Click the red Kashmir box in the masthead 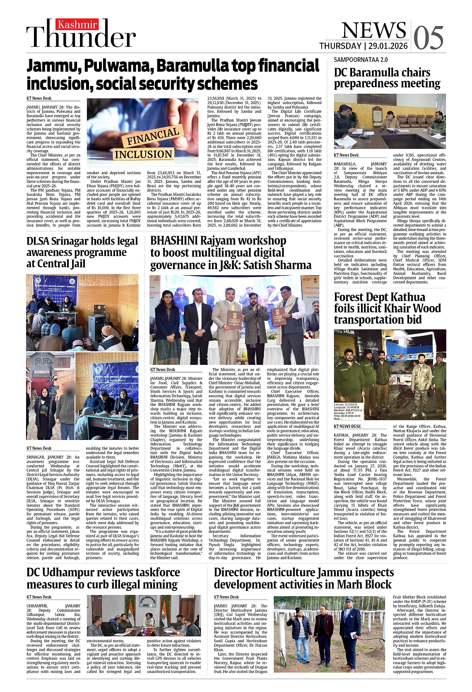coord(77,25)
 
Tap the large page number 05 coord(428,37)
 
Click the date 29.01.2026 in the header coord(387,46)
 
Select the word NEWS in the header coord(373,30)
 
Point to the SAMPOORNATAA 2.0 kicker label coord(361,60)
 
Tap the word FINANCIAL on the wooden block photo coord(153,136)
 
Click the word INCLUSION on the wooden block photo coord(143,154)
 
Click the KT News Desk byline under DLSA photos coord(39,448)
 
